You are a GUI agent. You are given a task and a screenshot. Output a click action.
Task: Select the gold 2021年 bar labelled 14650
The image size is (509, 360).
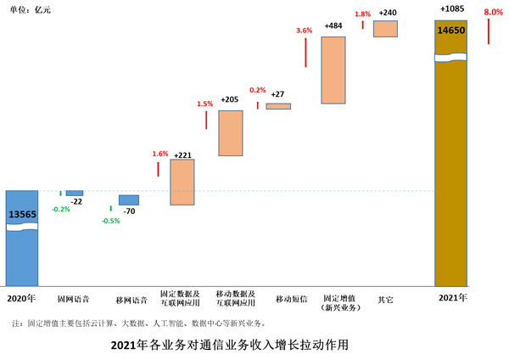450,153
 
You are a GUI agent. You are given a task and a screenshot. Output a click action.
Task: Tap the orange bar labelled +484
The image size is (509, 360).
333,70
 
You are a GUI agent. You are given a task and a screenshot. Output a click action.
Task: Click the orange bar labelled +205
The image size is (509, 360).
231,132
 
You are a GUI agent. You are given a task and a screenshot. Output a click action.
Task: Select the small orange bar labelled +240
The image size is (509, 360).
385,29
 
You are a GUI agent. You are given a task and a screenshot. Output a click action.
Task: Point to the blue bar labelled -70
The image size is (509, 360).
129,200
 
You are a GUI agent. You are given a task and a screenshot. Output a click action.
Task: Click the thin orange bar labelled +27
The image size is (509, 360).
278,106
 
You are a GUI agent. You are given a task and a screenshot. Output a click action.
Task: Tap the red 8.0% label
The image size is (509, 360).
493,13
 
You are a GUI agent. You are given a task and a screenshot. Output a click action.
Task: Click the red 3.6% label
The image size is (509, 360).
304,31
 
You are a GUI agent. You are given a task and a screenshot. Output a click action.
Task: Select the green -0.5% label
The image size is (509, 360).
110,221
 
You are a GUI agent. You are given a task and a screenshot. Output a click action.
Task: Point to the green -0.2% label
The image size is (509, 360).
60,209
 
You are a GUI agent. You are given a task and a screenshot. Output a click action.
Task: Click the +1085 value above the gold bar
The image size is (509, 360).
451,9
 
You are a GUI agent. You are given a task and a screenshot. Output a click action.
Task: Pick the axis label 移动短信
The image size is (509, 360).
290,300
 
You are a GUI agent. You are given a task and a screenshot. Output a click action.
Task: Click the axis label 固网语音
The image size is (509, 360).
73,300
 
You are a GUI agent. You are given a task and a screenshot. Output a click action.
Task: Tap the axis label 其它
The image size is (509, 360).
386,300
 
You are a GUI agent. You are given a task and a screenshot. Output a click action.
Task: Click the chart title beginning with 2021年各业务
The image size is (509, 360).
230,346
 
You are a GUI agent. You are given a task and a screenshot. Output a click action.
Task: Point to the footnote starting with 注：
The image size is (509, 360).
139,323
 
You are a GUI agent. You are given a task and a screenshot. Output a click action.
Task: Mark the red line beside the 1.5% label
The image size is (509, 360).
206,120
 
